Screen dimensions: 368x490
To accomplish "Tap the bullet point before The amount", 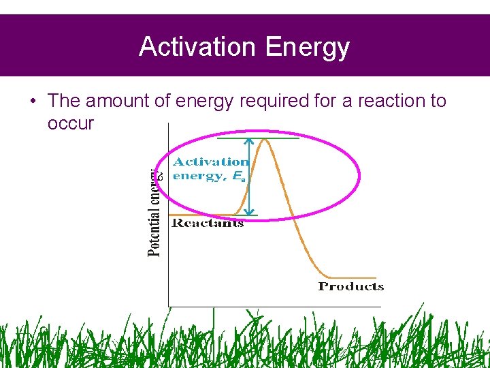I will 33,102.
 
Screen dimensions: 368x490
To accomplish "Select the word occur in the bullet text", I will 71,124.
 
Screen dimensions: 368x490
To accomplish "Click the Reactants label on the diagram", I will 208,224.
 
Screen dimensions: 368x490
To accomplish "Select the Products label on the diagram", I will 350,286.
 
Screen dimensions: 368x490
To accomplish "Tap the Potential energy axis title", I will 155,211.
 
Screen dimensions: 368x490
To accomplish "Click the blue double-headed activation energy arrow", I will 249,177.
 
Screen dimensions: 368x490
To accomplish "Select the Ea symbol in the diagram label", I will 238,176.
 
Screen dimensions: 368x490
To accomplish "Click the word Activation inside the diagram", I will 211,162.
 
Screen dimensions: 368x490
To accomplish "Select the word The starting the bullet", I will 64,101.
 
